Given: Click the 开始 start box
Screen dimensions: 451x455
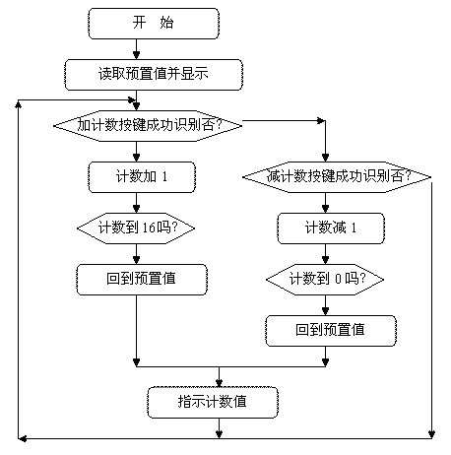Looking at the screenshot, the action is coord(154,24).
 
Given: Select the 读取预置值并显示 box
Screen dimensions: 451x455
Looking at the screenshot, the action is coord(154,75).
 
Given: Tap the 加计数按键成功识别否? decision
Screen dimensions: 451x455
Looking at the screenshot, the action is coord(148,126).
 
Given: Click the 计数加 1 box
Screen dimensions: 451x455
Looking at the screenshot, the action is coord(142,177).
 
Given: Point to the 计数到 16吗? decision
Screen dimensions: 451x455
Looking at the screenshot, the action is coord(136,228).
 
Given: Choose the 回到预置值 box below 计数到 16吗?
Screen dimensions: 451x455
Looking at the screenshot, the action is coord(142,280).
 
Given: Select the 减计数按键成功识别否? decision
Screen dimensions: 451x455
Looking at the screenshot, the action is coord(337,177).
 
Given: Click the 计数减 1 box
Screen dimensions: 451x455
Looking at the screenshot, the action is coord(331,228).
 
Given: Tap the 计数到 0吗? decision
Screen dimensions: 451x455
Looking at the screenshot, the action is coord(325,280).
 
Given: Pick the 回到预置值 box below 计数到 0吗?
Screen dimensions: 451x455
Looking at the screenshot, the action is coord(331,331).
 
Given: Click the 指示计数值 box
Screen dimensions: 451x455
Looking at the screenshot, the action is coord(213,403).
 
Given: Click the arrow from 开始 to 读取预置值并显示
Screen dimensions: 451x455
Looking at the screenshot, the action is coord(136,49).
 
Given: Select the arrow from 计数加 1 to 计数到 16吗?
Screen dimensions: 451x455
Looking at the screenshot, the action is coord(136,203).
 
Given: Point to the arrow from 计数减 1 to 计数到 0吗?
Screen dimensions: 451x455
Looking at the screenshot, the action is coord(325,254).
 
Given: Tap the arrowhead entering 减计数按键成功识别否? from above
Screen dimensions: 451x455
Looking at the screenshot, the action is coord(325,158).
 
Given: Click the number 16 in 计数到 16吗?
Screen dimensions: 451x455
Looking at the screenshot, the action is coord(149,227).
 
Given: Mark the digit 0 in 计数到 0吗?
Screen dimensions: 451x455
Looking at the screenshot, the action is coord(338,279).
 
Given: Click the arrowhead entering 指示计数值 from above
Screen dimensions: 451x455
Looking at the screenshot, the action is coord(219,383).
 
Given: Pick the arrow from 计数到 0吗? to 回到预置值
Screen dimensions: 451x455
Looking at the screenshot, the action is coord(325,305).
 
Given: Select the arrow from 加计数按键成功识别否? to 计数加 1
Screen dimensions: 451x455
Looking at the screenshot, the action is coord(136,152).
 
